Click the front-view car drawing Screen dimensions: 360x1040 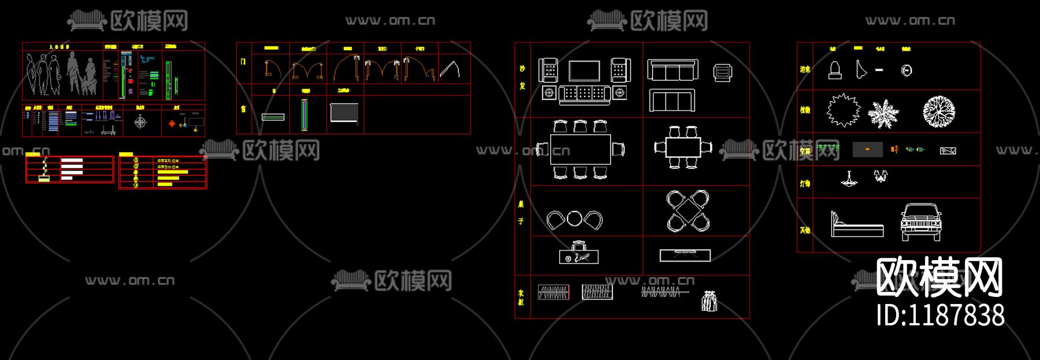[921, 222]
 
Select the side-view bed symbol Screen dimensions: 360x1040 [857, 225]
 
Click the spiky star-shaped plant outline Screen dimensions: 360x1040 [843, 110]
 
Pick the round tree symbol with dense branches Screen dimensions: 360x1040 [938, 111]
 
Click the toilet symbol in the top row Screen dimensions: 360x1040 [834, 70]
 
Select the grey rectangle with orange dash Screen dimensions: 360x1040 [867, 150]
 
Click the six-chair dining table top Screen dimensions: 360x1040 [580, 150]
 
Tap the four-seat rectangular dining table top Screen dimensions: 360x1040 [683, 147]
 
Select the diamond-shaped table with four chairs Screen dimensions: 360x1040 [688, 211]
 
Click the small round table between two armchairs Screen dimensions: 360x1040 [574, 219]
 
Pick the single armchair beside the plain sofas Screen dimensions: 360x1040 [722, 73]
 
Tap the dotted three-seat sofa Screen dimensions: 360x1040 [584, 94]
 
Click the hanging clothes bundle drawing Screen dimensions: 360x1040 [709, 301]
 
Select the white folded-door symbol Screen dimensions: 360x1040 [450, 70]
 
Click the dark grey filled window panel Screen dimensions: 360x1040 [344, 113]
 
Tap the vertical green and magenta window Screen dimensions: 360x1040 [304, 114]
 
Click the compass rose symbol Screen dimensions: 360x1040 [140, 122]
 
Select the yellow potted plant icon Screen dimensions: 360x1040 [44, 170]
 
